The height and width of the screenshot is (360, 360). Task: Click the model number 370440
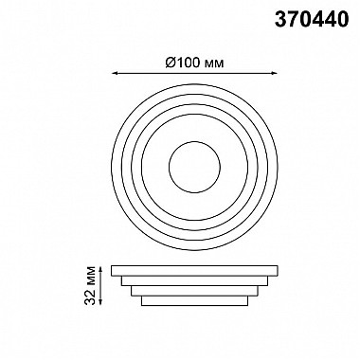pos(312,19)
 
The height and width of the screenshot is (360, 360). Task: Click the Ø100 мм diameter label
pos(194,63)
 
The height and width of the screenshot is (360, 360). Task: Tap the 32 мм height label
pos(90,285)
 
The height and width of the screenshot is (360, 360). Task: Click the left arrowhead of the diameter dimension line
pos(115,73)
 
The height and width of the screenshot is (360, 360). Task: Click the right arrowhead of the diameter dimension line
pos(275,73)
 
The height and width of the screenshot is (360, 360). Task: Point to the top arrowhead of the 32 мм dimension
pos(100,268)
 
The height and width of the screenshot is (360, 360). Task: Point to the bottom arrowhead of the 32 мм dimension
pos(100,302)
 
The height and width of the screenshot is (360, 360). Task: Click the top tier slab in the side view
pos(194,271)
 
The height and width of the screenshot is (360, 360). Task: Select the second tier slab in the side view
pos(194,280)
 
